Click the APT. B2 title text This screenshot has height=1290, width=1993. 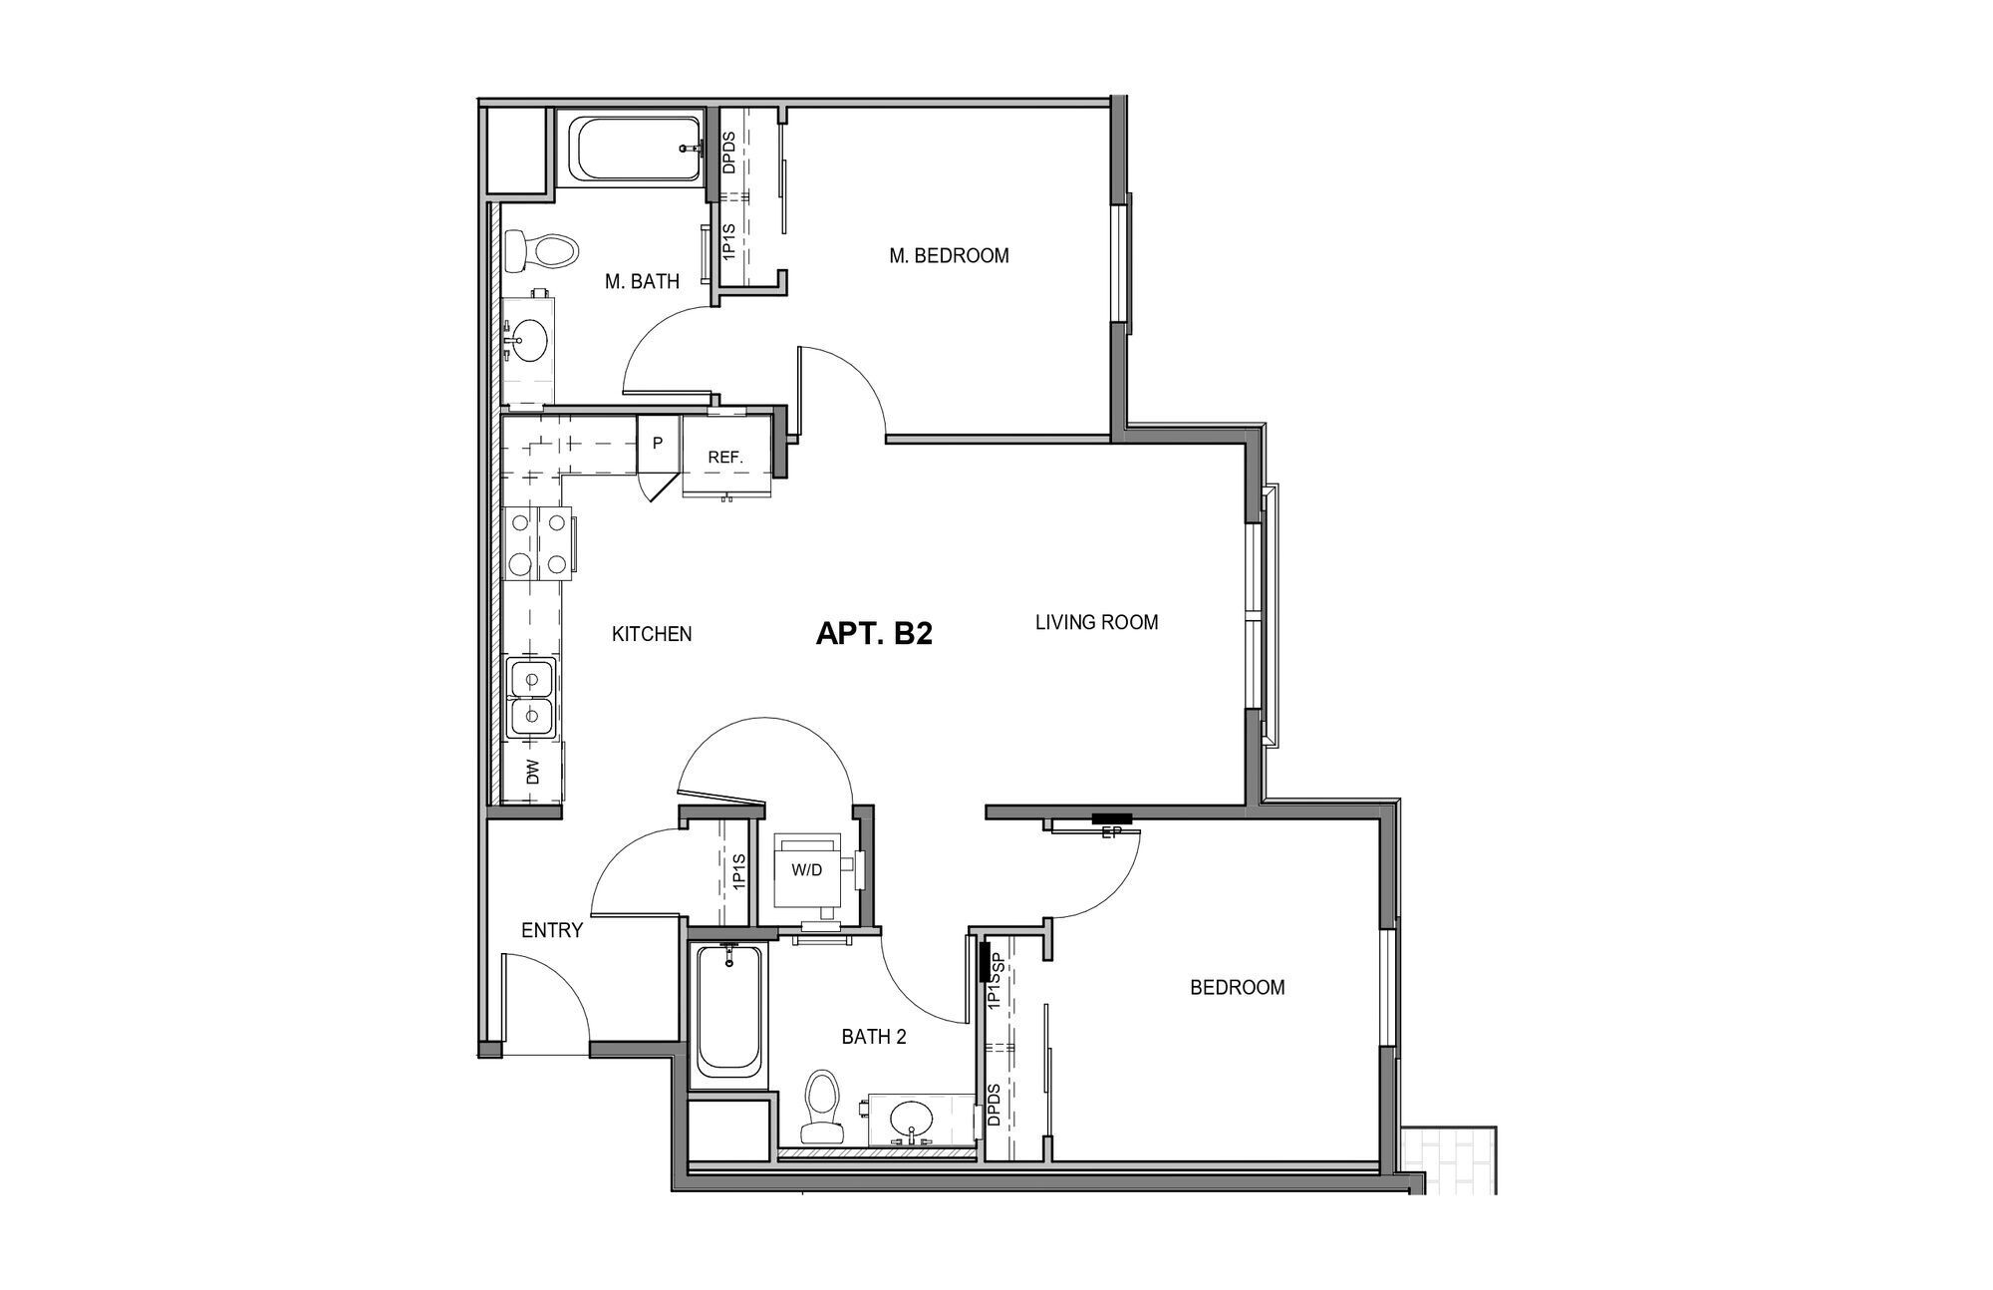[x=874, y=634]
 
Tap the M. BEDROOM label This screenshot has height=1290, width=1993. [x=949, y=256]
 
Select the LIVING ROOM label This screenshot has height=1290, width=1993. [x=1096, y=623]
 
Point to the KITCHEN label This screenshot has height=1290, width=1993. [x=651, y=634]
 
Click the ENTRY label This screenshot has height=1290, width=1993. [x=552, y=931]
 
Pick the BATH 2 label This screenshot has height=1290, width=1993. [x=873, y=1037]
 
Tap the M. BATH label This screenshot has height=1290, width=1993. [x=642, y=282]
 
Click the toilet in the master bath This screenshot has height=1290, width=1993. [x=539, y=250]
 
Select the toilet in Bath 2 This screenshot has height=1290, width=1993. [x=822, y=1107]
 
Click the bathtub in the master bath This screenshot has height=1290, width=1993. [x=635, y=149]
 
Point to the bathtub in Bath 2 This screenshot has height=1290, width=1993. [x=729, y=1011]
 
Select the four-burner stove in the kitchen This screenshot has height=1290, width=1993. [x=538, y=543]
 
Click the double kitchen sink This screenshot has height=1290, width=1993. [x=531, y=698]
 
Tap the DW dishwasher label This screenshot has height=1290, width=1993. [x=532, y=772]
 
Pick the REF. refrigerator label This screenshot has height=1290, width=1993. [x=725, y=458]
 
